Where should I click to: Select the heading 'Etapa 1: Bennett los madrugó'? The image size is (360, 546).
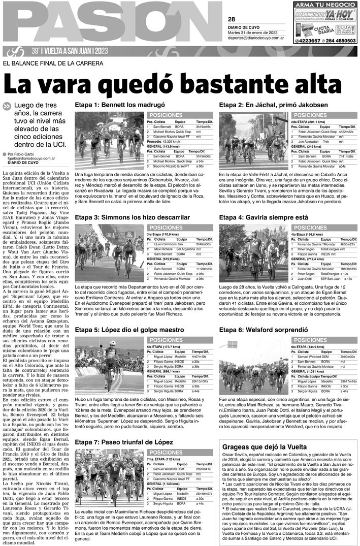click(x=113, y=104)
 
